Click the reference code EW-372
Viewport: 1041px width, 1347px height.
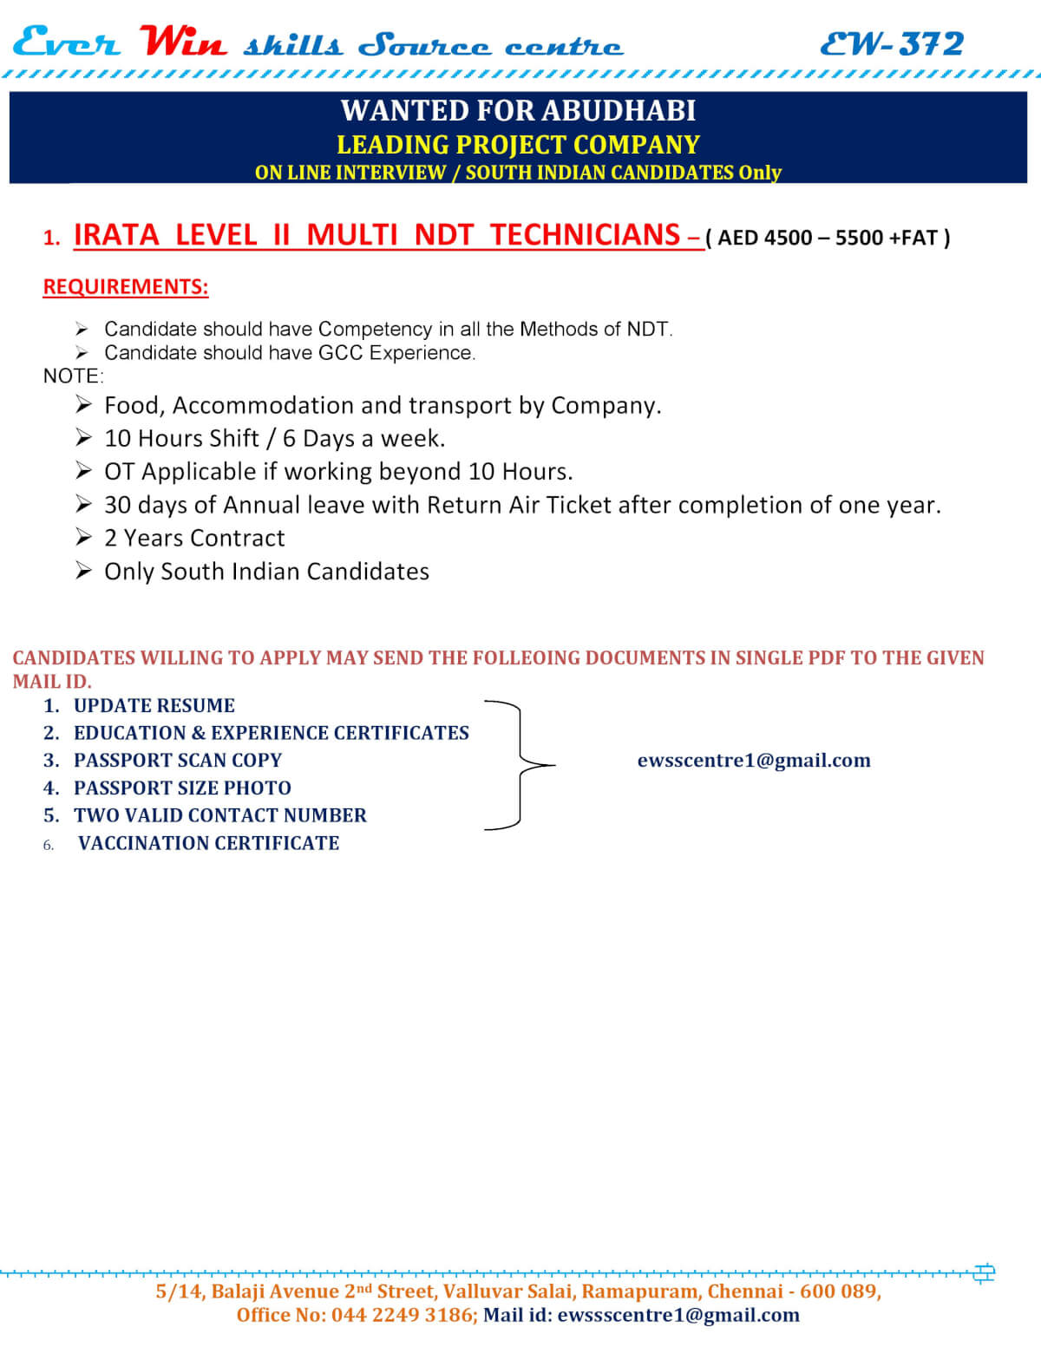click(x=892, y=43)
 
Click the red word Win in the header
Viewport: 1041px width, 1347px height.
click(x=183, y=42)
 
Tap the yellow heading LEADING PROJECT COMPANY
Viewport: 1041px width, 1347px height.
click(x=518, y=144)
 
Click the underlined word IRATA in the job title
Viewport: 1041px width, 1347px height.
click(x=116, y=235)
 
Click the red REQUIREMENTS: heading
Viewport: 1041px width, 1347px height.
click(x=126, y=287)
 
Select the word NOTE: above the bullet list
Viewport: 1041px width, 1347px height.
click(x=73, y=376)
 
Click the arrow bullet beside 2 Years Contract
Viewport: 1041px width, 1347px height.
click(x=83, y=538)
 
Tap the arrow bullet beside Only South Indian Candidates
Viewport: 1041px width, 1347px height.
click(x=83, y=571)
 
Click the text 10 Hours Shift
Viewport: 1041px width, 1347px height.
click(x=181, y=439)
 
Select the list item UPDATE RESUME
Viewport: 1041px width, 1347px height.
click(x=154, y=706)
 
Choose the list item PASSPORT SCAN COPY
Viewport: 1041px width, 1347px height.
click(x=178, y=761)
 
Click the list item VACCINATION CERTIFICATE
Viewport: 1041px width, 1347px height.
click(x=208, y=843)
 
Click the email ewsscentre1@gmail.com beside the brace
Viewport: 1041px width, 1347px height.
click(x=754, y=761)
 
